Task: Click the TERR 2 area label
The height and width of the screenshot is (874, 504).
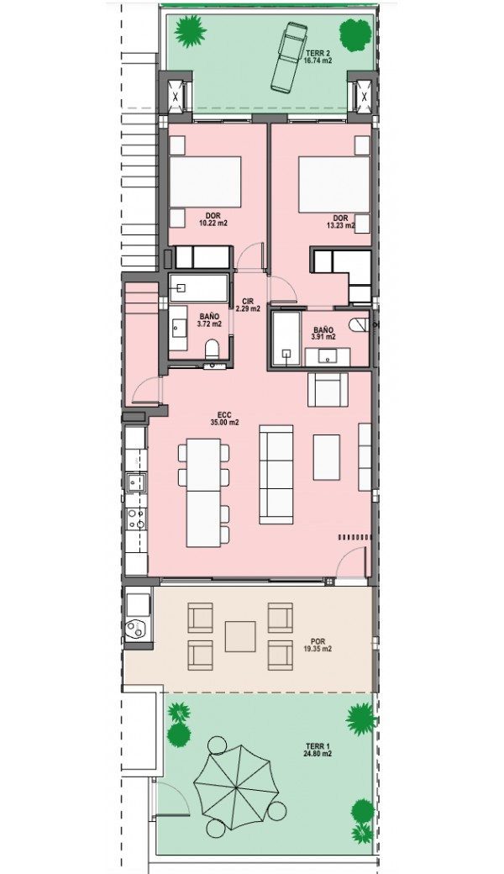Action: pos(318,57)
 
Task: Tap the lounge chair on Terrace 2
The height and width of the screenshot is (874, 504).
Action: pos(287,55)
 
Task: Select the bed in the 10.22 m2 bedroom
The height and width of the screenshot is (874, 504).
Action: pos(205,182)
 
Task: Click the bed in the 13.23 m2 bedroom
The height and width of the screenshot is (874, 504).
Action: pos(334,185)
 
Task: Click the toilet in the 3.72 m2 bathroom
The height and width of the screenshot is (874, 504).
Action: pos(213,350)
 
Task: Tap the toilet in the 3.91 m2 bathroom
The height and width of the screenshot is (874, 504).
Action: pos(360,324)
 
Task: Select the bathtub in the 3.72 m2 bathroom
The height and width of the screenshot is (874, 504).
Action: pos(199,287)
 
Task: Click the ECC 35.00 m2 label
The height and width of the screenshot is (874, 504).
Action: pos(224,419)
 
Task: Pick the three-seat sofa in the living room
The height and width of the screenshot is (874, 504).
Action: pos(276,474)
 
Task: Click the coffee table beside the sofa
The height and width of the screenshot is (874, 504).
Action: pos(327,457)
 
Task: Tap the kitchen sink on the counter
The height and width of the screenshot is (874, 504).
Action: pos(136,482)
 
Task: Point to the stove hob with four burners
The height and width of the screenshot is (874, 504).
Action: pos(136,519)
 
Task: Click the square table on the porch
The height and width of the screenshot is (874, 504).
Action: pos(240,636)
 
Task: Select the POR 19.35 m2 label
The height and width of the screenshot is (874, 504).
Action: pos(318,645)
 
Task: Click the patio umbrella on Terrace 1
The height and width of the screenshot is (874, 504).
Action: pos(236,787)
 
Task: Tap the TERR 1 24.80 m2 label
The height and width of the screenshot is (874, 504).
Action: pos(318,750)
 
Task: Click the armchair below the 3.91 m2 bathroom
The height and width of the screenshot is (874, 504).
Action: pos(328,389)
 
